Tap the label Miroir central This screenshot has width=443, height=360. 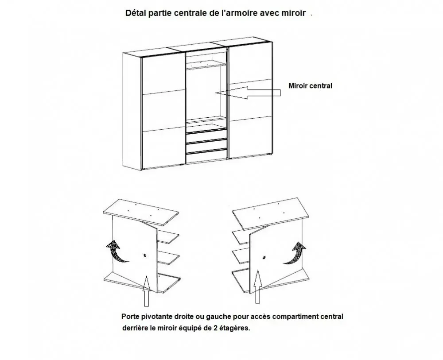pyautogui.click(x=310, y=86)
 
